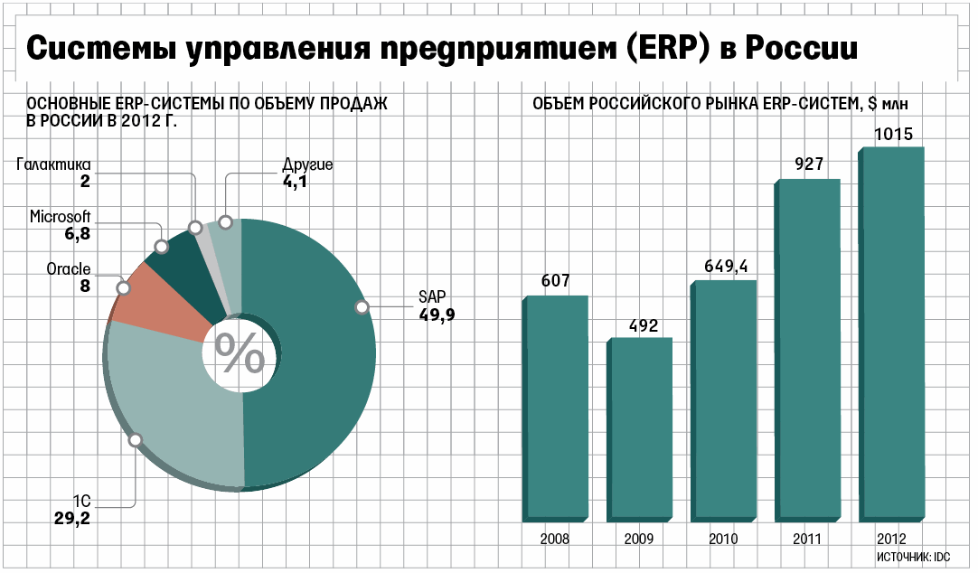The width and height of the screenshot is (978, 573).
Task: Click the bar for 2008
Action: click(x=557, y=409)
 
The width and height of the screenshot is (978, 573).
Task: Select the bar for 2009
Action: click(x=640, y=430)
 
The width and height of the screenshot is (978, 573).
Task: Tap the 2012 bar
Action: click(x=892, y=334)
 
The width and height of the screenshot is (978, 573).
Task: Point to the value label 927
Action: click(x=808, y=164)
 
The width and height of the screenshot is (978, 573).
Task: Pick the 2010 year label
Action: click(x=723, y=539)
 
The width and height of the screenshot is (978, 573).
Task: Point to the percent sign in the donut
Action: click(x=240, y=355)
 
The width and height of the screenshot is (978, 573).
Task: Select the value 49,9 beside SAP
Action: click(x=436, y=315)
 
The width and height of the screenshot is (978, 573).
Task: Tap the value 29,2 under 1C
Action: click(x=72, y=519)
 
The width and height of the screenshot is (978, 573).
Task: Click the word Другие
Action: click(x=307, y=164)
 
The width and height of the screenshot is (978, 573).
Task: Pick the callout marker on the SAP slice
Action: click(x=362, y=307)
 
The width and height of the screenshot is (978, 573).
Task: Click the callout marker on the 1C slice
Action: click(x=136, y=440)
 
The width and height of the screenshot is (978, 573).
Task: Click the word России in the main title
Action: click(x=798, y=50)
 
